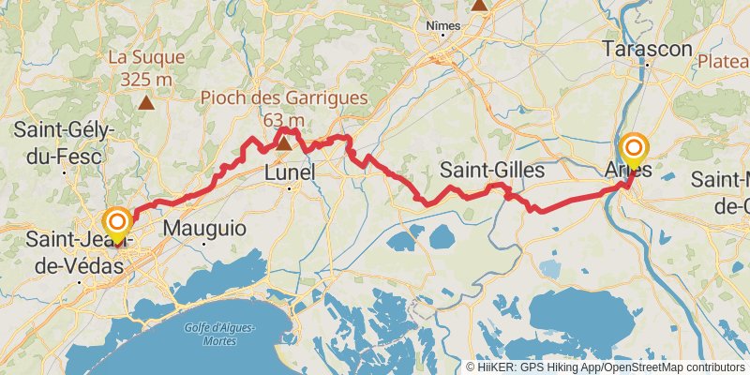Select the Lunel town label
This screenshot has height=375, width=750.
point(290,172)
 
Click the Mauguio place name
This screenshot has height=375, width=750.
point(204,228)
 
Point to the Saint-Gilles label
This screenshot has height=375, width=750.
point(492,170)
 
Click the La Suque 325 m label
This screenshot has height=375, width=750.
point(145,67)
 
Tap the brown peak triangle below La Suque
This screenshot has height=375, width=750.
point(146,102)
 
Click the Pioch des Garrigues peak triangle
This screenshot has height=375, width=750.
point(283,142)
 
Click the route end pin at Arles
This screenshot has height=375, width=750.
point(635,149)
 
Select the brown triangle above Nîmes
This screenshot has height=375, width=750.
point(479,4)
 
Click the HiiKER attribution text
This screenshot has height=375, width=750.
point(605,367)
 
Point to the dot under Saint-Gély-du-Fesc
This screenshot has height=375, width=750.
point(64,172)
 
